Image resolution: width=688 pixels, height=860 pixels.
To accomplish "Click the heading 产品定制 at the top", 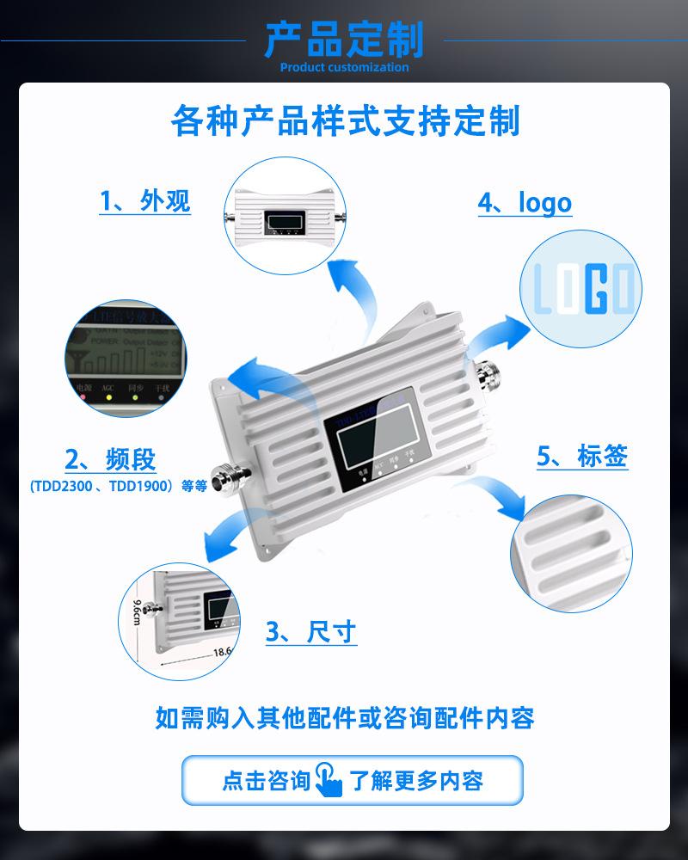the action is (344, 39).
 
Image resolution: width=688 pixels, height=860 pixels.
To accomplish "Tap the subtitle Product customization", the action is (344, 67).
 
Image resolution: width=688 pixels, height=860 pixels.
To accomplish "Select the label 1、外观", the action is (144, 201).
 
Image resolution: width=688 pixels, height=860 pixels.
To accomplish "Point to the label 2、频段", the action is (111, 459).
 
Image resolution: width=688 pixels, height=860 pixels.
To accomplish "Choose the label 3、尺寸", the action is (310, 633).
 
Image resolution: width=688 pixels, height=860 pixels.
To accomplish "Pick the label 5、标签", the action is (582, 456).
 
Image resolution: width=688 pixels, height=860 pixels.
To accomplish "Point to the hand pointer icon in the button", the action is (329, 779).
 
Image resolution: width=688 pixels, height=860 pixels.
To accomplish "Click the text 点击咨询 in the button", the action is (266, 780).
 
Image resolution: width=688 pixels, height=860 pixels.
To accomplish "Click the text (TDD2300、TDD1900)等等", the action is (118, 485).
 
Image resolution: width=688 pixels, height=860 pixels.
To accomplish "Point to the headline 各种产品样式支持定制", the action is (345, 121).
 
